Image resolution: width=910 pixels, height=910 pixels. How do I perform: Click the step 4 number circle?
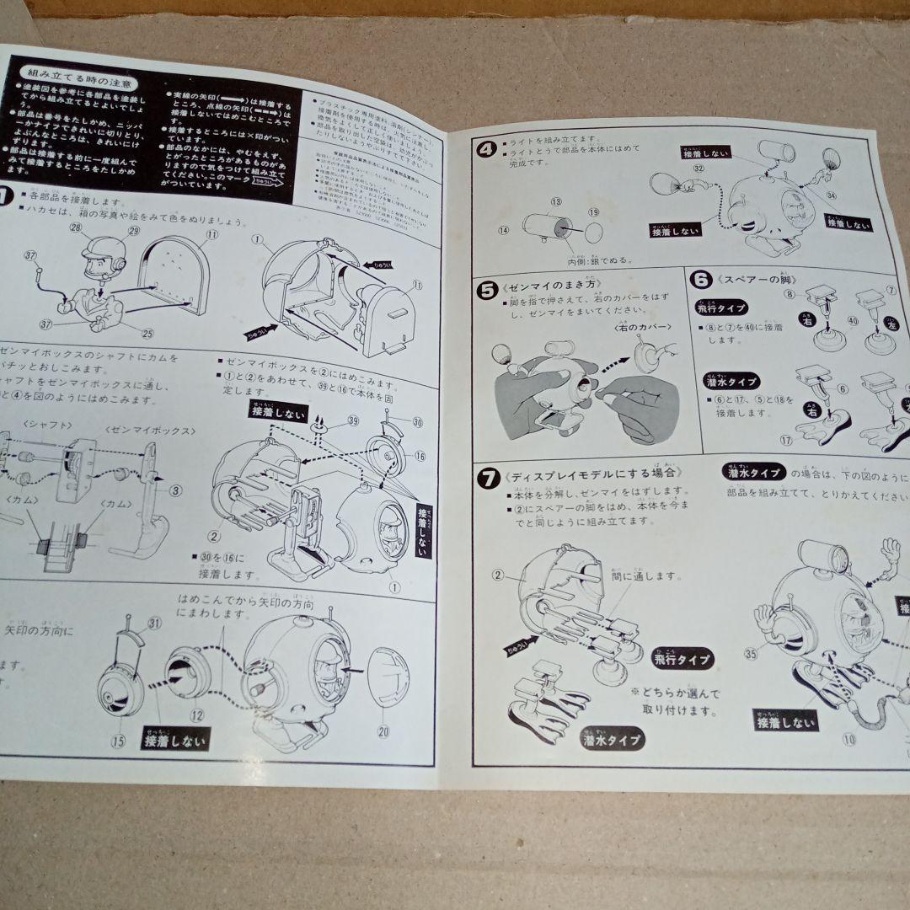point(485,150)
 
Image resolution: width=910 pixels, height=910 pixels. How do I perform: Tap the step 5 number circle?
point(488,290)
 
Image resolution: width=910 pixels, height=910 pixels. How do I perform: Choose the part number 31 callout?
point(154,623)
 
